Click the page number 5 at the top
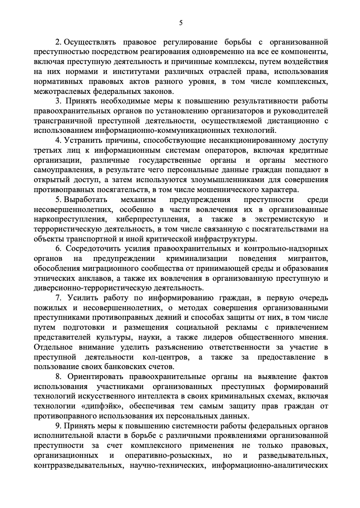(x=180, y=23)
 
